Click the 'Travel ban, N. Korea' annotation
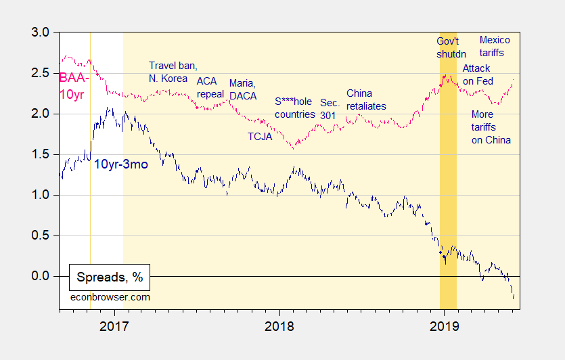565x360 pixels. [173, 72]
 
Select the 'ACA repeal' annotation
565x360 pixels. [210, 87]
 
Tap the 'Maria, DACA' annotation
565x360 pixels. [243, 89]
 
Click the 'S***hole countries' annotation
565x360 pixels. [295, 108]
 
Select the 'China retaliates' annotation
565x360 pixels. [365, 99]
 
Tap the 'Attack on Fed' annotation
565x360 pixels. [476, 75]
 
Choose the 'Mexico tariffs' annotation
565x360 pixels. [494, 46]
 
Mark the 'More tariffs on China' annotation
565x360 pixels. [491, 127]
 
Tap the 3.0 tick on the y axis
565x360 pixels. [41, 32]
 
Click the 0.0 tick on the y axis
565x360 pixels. [41, 276]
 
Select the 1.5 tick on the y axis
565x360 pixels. [41, 154]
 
